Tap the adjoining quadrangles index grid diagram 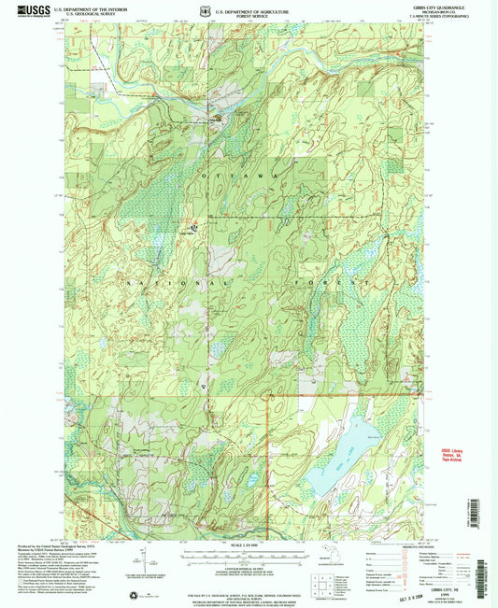coord(323,586)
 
